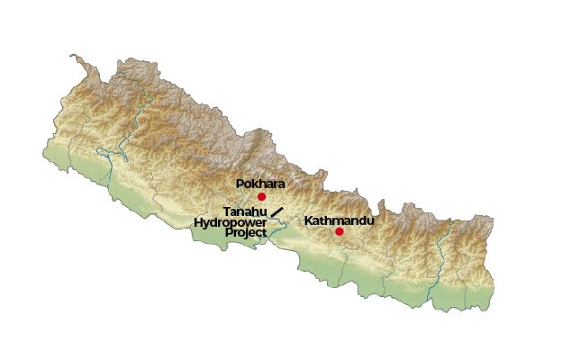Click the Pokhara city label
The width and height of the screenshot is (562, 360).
point(260,184)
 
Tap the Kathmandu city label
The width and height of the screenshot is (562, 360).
point(339,220)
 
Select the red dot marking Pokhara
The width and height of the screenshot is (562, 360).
point(262,196)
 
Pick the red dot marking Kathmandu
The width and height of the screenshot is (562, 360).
point(340,231)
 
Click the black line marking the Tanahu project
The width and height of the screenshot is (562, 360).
point(277,212)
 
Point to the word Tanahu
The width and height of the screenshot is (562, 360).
point(245,211)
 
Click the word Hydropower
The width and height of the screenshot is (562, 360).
point(230,221)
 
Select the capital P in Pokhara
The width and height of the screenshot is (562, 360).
point(240,184)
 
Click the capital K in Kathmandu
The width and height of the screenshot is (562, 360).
point(308,220)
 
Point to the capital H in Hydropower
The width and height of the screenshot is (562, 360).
point(198,221)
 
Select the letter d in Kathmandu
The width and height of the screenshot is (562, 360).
point(358,220)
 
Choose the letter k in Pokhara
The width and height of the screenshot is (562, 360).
point(256,184)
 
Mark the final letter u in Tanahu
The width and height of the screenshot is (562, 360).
point(264,211)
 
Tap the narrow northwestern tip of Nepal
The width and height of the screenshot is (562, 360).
point(76,59)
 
